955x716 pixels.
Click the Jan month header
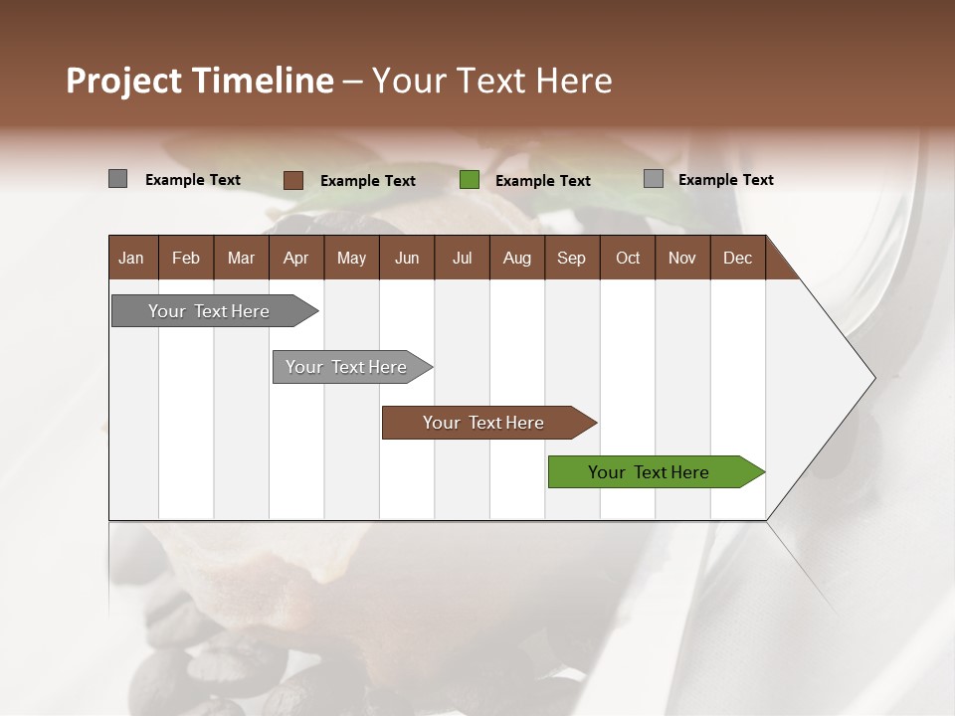[131, 258]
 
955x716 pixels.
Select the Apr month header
[295, 258]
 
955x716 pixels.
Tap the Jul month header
[462, 258]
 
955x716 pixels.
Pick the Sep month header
[571, 258]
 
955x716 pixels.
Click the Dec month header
[737, 258]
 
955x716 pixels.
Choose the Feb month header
[186, 258]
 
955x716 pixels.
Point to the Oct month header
[628, 258]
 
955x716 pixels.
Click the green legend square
[470, 180]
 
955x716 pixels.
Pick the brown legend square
[293, 180]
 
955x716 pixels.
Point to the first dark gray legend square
[118, 179]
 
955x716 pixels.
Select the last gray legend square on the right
[654, 179]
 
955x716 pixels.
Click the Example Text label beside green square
[543, 180]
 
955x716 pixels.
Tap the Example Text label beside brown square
[368, 180]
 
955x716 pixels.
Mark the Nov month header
[682, 258]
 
